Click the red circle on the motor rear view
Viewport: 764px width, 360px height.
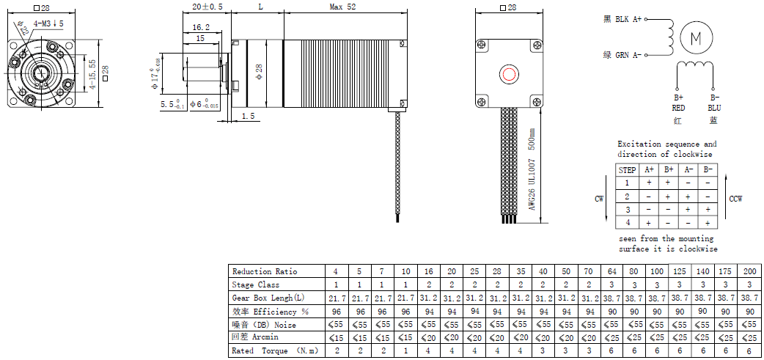[509, 75]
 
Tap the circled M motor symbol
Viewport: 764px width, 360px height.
[696, 38]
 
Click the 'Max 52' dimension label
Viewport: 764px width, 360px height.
[342, 7]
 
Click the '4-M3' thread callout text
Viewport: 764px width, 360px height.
[43, 23]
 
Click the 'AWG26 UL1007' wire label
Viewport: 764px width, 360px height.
[532, 183]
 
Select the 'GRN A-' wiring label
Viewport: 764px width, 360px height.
[628, 56]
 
